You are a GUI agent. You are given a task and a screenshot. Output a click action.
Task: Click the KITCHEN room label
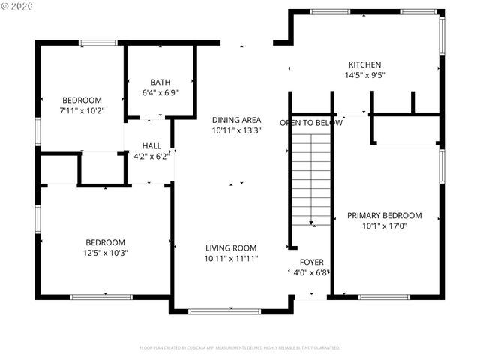[364, 64]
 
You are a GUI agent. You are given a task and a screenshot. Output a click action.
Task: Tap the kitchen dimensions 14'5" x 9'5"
[364, 75]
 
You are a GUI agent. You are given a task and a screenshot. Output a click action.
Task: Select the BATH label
[160, 82]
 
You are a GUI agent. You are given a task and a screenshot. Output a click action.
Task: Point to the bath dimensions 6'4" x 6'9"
[160, 94]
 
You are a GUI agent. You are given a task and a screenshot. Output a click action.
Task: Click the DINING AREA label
[236, 120]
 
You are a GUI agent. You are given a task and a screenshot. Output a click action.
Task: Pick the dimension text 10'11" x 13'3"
[236, 130]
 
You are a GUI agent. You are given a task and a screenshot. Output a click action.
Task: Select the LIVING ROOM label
[231, 248]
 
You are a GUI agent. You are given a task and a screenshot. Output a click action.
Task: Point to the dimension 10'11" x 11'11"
[231, 259]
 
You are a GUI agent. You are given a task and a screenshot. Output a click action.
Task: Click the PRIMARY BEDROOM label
[384, 216]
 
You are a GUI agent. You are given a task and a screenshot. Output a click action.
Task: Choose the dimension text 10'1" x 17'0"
[384, 226]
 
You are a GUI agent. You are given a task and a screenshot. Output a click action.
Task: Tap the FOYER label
[311, 262]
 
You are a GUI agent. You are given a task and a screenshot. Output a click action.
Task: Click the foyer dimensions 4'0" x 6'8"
[311, 272]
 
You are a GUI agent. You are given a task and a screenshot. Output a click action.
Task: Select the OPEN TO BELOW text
[311, 123]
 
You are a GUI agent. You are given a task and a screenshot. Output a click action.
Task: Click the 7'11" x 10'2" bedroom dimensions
[82, 111]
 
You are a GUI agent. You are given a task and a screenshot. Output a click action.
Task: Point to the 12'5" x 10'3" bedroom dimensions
[104, 253]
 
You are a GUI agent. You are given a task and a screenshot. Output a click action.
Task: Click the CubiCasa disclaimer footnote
[240, 348]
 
